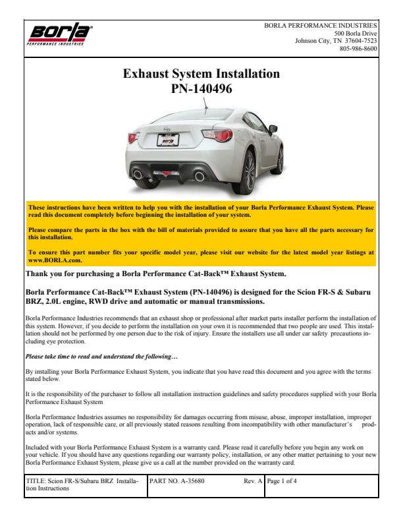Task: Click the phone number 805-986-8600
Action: pos(358,48)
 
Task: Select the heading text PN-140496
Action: pos(201,88)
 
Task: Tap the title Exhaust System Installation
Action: pos(201,74)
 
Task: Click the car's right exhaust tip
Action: pos(200,175)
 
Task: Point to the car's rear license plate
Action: pos(169,140)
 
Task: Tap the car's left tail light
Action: pos(133,137)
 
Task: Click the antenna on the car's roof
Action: pos(206,104)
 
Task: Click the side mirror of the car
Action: pos(273,129)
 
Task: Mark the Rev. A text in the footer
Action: pos(254,481)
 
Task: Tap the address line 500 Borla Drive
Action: pos(356,33)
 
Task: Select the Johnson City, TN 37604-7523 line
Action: pos(336,40)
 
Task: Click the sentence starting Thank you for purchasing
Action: pos(155,274)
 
